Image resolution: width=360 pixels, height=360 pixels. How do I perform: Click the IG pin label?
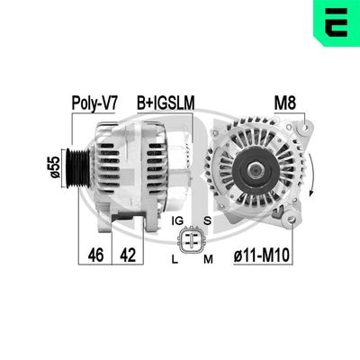tap(175, 220)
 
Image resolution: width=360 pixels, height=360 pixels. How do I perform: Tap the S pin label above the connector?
tap(208, 220)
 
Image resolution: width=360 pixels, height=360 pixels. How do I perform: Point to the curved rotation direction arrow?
tap(311, 171)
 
